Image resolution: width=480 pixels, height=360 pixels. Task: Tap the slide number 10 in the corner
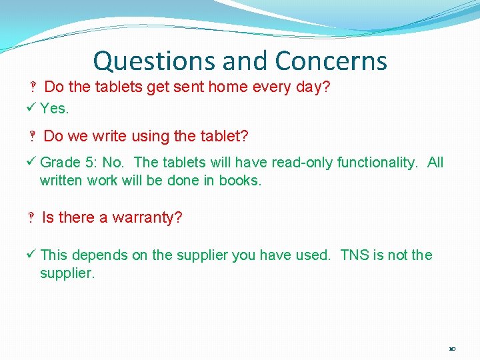click(452, 349)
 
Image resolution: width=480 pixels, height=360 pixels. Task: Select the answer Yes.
click(55, 108)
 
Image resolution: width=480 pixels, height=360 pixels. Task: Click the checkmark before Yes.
click(33, 108)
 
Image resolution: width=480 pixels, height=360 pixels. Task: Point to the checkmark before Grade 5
click(33, 162)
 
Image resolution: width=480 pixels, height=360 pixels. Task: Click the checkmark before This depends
click(33, 255)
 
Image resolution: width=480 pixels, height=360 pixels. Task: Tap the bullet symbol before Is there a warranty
click(31, 219)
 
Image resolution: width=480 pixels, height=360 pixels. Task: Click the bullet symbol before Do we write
click(31, 137)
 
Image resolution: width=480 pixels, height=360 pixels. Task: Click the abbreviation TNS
click(355, 255)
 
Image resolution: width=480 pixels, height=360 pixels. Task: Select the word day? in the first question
click(315, 87)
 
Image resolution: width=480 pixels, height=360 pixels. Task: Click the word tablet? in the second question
click(225, 137)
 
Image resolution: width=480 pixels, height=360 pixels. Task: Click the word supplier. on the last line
click(67, 273)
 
